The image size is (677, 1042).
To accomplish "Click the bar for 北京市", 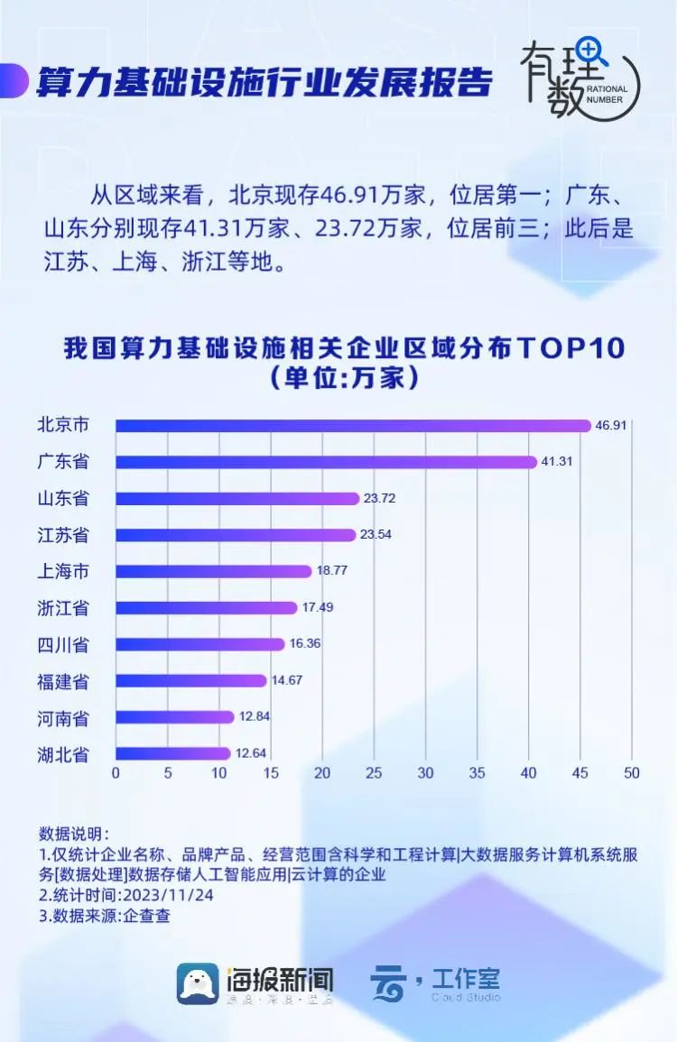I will tap(352, 425).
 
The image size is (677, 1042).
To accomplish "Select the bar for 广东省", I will tap(326, 462).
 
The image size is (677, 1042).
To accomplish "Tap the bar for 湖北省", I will tap(172, 753).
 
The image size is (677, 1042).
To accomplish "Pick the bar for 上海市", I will tap(213, 571).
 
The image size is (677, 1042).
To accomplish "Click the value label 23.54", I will tap(377, 535).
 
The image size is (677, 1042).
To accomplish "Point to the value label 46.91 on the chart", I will tap(609, 425).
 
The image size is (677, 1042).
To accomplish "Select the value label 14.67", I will tap(288, 680).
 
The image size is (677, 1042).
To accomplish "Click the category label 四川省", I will tap(63, 644).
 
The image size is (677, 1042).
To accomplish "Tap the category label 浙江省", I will tap(63, 608).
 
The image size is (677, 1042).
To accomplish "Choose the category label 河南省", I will tap(63, 717).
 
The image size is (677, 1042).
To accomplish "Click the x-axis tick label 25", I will tap(374, 773).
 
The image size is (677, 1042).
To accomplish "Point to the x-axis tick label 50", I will tap(631, 773).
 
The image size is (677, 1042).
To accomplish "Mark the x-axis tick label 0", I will tap(116, 773).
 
